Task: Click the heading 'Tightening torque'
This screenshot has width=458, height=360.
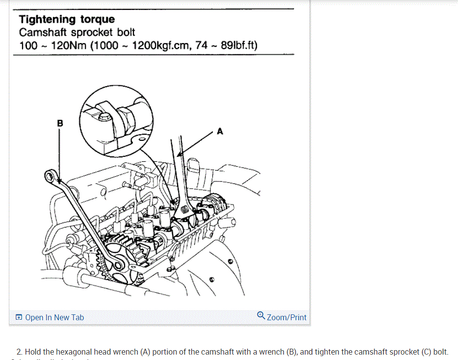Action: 67,20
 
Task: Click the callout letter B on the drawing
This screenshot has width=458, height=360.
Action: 60,123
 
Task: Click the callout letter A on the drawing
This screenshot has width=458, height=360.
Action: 220,131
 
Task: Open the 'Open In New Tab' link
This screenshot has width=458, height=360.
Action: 54,317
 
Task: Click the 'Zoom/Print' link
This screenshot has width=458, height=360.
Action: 286,317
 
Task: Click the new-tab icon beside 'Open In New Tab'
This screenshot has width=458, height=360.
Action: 19,317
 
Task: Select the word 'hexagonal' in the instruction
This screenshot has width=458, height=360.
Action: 73,352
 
